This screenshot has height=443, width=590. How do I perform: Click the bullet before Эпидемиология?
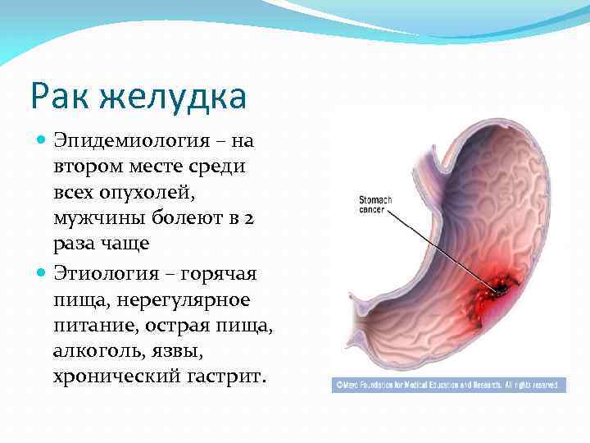pos(43,141)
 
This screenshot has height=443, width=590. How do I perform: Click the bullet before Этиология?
pos(43,274)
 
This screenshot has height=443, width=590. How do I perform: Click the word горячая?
pos(225,274)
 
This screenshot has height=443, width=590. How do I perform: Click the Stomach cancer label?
pos(377,204)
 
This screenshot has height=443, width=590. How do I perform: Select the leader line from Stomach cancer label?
pos(442,246)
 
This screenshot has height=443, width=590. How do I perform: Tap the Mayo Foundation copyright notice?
pos(448,384)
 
